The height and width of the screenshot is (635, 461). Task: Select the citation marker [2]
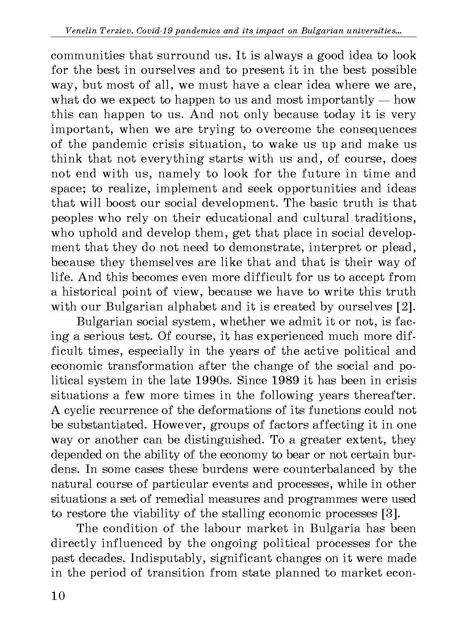406,306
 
